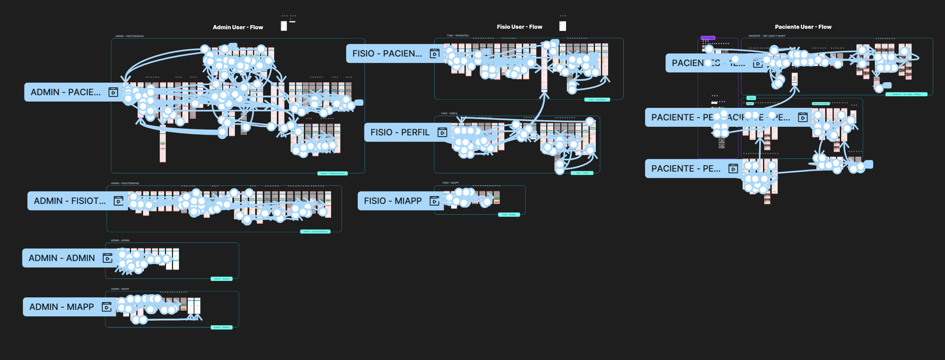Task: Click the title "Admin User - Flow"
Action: (x=238, y=27)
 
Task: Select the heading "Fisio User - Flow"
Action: (x=519, y=27)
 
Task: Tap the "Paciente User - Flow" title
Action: (x=803, y=27)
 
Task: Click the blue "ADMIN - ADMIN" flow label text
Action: (x=62, y=258)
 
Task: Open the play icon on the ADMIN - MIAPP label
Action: (x=106, y=307)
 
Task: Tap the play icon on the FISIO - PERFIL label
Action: (x=442, y=132)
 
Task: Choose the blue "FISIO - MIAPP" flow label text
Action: (x=393, y=201)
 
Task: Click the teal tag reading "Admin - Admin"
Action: (x=221, y=279)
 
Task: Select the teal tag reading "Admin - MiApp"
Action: (x=221, y=327)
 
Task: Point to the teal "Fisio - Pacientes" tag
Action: (x=597, y=99)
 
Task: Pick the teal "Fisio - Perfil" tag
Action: (x=582, y=173)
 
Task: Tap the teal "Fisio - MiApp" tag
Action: (x=509, y=215)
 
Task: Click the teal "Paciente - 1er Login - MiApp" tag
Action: (x=906, y=94)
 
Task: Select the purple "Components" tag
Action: (x=708, y=38)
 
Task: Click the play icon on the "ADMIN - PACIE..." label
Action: (x=113, y=92)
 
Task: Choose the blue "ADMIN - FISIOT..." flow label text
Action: (x=70, y=201)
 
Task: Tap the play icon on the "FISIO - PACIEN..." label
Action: (x=434, y=54)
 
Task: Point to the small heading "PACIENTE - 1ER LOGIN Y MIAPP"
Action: (x=766, y=36)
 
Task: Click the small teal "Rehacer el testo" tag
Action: (x=820, y=104)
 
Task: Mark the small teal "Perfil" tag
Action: (x=751, y=98)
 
